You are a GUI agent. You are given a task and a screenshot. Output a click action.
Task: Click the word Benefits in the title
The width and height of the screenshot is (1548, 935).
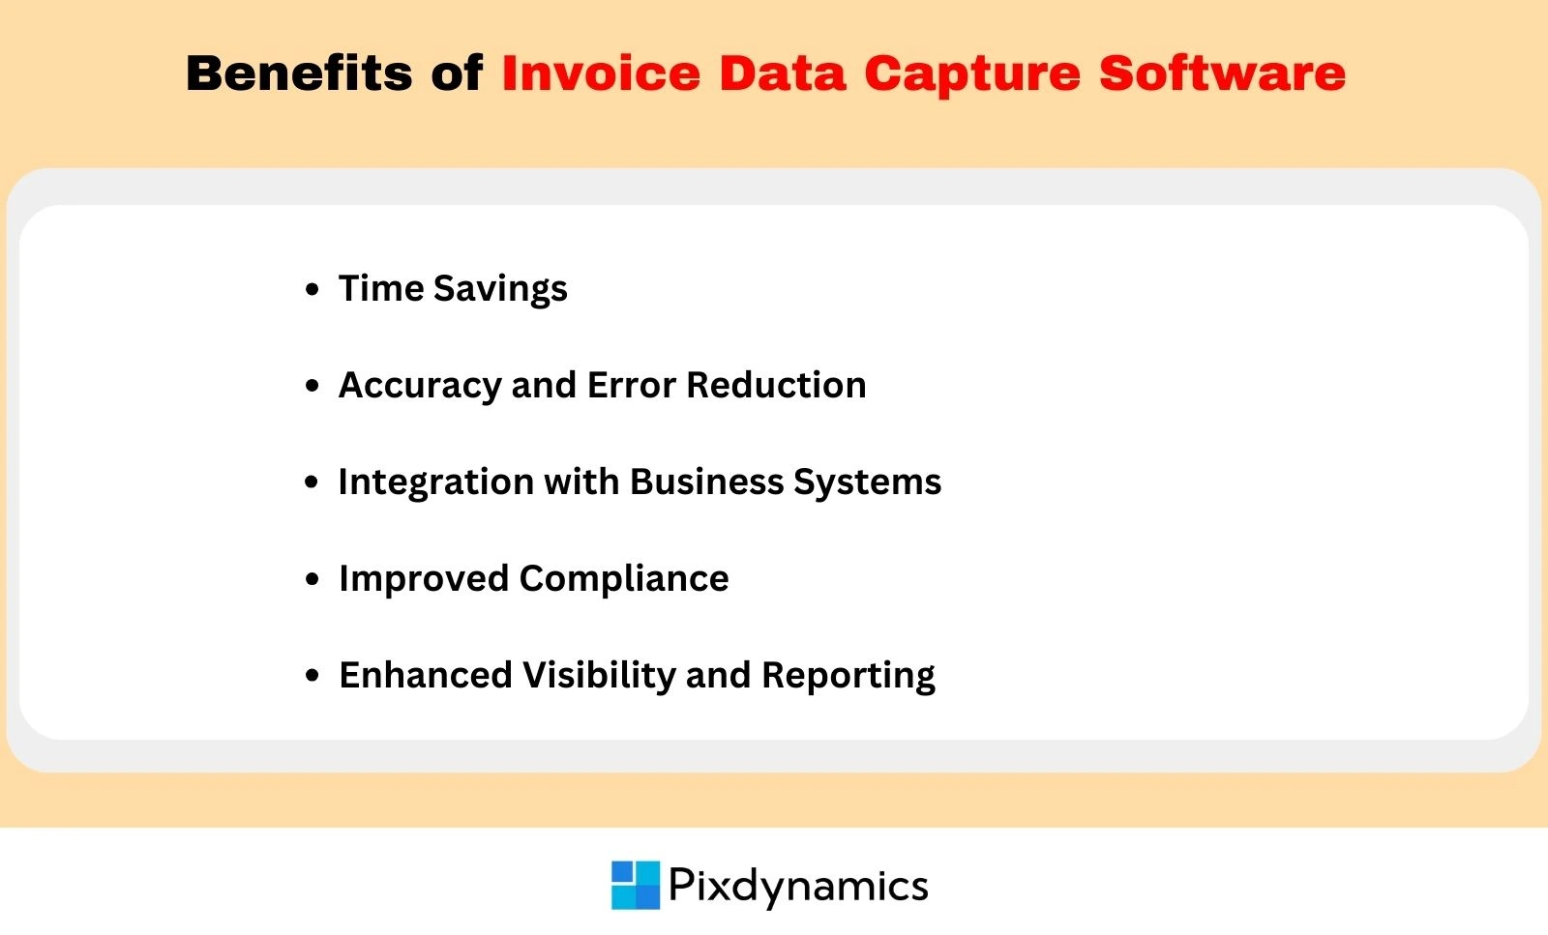(x=298, y=73)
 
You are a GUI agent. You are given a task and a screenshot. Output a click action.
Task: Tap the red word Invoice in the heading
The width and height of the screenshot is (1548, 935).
(x=600, y=73)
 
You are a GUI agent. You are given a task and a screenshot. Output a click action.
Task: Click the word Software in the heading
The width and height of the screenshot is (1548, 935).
(x=1221, y=73)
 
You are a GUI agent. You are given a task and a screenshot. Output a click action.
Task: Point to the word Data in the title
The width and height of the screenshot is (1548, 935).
(x=782, y=73)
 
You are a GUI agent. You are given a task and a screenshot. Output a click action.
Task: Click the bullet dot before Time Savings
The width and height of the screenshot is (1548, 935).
(x=312, y=289)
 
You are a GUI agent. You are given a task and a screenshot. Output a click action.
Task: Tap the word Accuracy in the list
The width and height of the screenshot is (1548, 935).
(x=419, y=386)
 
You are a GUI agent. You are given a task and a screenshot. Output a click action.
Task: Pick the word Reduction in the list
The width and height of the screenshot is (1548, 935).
(x=776, y=385)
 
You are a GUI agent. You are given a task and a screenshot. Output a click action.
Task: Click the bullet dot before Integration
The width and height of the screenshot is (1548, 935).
(x=312, y=482)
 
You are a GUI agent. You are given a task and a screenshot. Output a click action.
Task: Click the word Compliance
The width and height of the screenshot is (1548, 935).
(x=624, y=579)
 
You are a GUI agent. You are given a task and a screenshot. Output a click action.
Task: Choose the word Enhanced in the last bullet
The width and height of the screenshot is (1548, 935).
(x=425, y=675)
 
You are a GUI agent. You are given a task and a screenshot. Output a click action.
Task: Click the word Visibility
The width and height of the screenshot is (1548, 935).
(x=599, y=676)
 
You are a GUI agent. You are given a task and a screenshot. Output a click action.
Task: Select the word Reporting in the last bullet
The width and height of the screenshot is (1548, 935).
(x=848, y=676)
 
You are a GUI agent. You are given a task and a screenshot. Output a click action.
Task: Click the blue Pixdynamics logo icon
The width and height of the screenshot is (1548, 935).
(x=636, y=885)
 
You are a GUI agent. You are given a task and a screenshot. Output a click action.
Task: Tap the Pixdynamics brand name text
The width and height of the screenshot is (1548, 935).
(x=798, y=886)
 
